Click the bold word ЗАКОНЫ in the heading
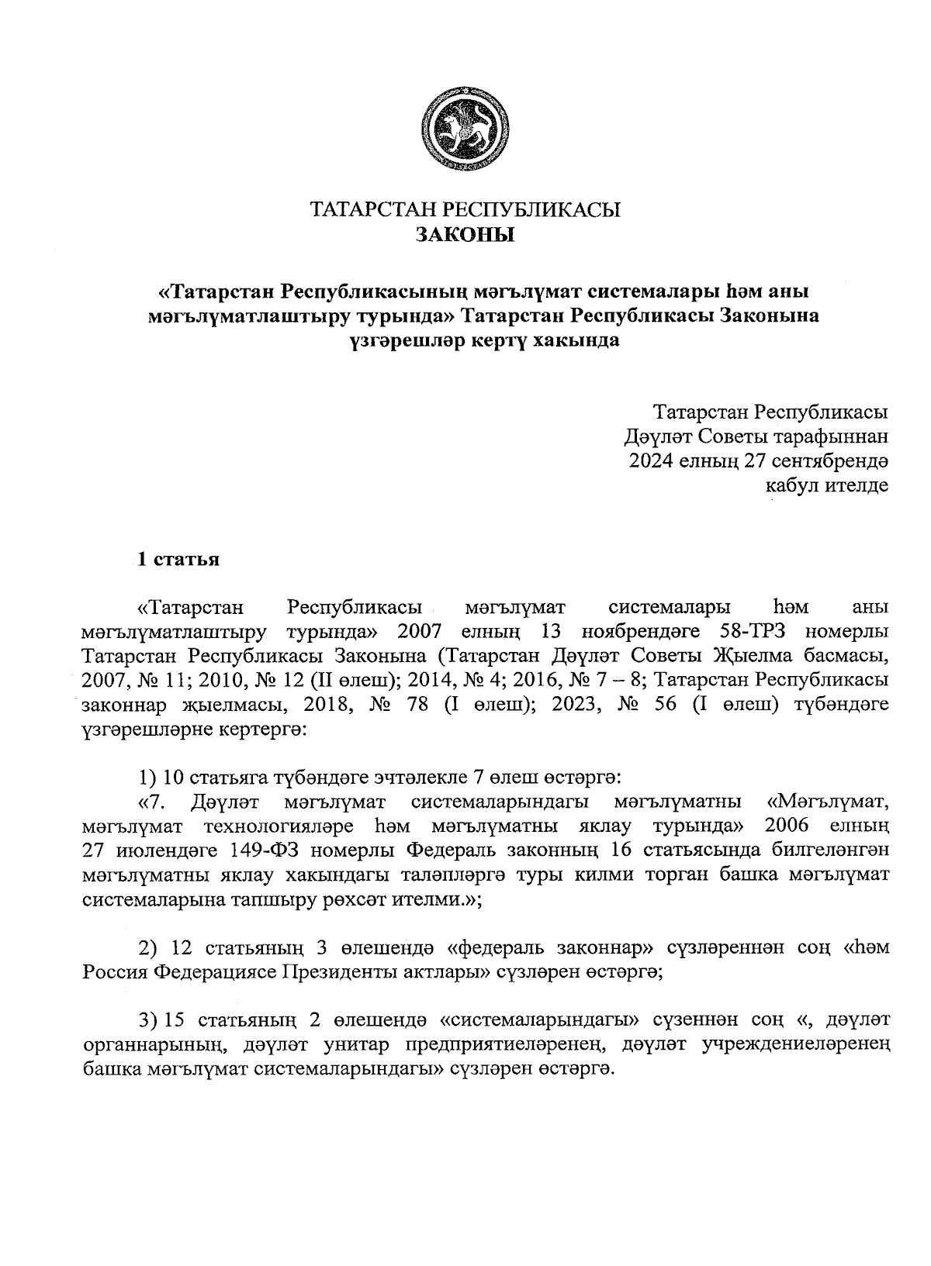pos(465,233)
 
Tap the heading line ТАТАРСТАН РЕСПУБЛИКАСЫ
pos(465,209)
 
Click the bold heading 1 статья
pos(178,560)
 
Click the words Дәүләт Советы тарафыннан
pos(756,436)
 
